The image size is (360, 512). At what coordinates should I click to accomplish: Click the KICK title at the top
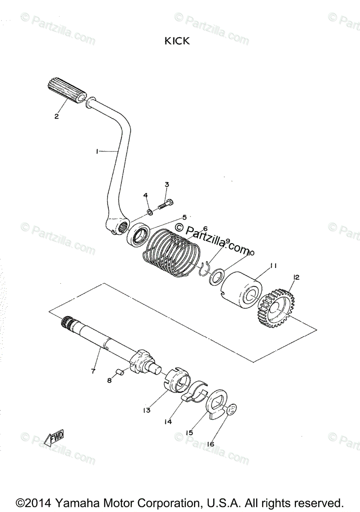[177, 41]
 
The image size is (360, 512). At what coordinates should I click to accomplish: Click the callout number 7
[93, 371]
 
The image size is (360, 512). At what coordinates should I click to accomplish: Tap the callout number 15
[189, 432]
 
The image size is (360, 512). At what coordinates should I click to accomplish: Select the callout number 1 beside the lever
[97, 151]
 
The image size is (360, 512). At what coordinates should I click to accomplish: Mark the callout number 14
[168, 422]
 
